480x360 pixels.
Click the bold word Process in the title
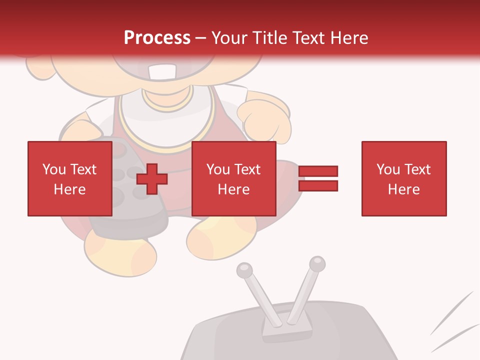click(x=157, y=38)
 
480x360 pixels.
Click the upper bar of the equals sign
click(x=318, y=171)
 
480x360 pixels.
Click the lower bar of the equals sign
click(x=318, y=186)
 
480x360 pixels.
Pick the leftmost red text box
click(x=69, y=178)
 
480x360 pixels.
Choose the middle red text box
click(x=233, y=178)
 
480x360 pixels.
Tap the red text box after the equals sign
click(x=403, y=178)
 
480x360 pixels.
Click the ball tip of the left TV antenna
click(x=244, y=270)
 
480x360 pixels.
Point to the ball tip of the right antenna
click(x=317, y=263)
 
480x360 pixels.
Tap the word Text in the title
click(x=306, y=38)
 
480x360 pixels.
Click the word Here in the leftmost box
click(x=69, y=189)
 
